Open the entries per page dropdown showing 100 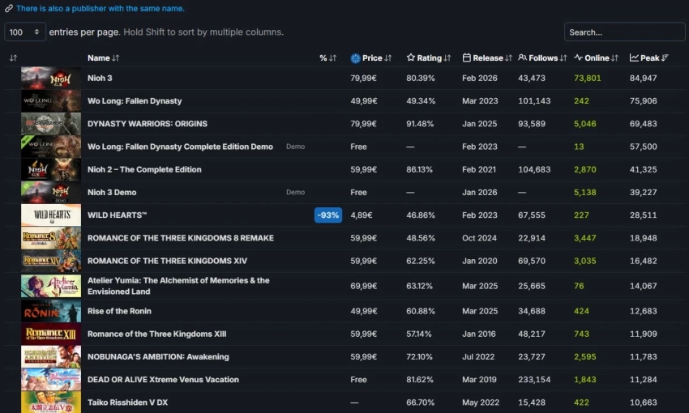[25, 32]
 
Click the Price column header [372, 58]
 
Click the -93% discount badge [328, 215]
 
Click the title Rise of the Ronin [119, 311]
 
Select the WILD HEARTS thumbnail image [51, 215]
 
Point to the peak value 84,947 [643, 79]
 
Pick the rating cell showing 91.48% [421, 124]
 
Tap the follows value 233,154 [534, 380]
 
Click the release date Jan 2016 [479, 334]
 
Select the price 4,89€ [362, 215]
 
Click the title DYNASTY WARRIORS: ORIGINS [148, 124]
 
